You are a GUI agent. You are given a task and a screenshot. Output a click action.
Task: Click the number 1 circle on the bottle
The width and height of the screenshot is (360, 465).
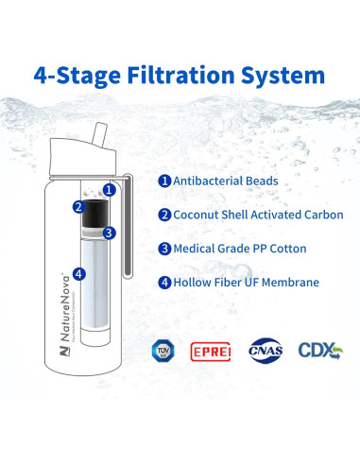[x=109, y=190]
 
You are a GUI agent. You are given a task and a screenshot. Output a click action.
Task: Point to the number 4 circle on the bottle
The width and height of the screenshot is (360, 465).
[x=77, y=275]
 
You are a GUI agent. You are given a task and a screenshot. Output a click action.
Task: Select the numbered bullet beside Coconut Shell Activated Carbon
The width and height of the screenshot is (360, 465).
[x=163, y=215]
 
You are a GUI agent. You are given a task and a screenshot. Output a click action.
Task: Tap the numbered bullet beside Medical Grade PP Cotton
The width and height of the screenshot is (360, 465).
[x=163, y=250]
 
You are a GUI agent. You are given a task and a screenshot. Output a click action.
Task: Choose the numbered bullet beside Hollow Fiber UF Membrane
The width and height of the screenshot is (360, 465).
[x=163, y=283]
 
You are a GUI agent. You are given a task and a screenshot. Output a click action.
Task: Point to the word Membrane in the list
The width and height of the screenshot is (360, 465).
[x=288, y=283]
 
